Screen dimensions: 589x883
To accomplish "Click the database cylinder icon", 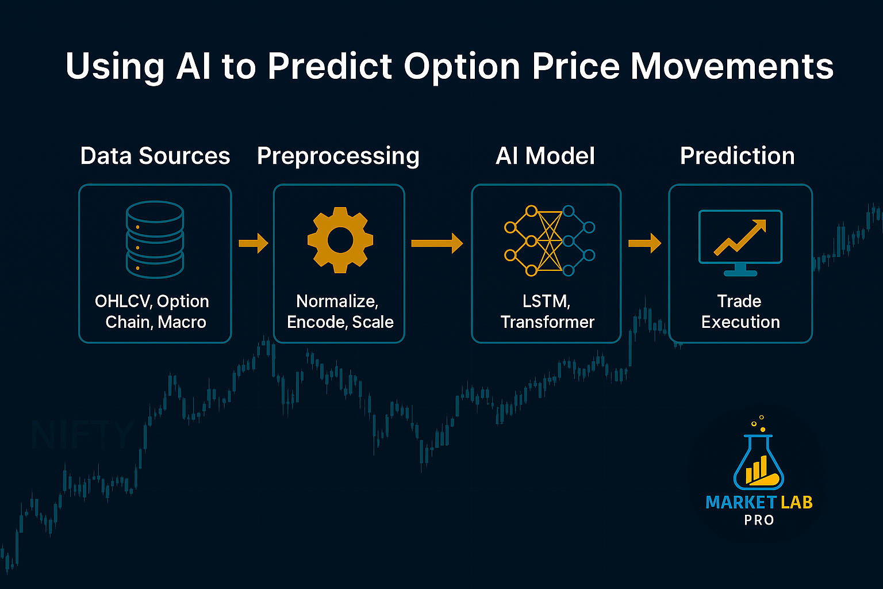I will (x=155, y=239).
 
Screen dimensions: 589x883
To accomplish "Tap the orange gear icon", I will (x=340, y=240).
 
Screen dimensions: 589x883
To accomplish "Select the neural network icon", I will (x=548, y=240).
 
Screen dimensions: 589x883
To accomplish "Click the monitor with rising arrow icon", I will (x=740, y=242).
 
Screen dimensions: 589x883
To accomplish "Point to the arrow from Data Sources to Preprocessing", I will (x=254, y=243).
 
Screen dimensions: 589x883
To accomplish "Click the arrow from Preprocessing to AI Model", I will (x=437, y=243).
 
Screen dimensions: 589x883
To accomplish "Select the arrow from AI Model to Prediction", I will (x=644, y=243).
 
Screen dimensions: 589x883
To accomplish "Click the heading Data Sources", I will (x=155, y=156).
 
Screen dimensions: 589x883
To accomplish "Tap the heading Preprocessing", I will (x=338, y=156).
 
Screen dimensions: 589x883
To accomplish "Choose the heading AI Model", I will (x=545, y=156).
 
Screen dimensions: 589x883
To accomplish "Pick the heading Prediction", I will (x=737, y=156).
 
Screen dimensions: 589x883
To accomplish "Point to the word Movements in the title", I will (x=732, y=66).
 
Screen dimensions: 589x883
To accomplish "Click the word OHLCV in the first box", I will (x=123, y=301).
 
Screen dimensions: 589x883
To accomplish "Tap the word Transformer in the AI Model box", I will (x=547, y=322).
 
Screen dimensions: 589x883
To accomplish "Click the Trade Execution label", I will (x=740, y=312).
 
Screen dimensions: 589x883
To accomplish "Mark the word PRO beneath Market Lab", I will (x=759, y=520).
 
